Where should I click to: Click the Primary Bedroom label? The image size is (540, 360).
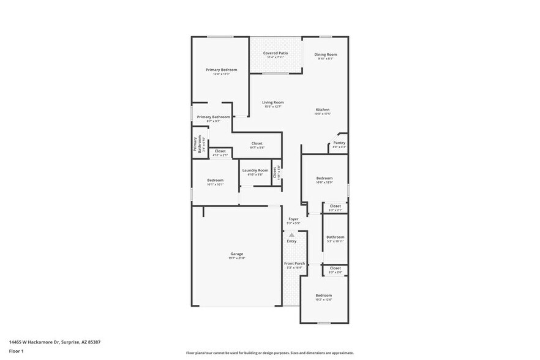(x=221, y=70)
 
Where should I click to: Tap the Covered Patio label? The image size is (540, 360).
(x=276, y=53)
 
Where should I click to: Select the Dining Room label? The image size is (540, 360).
(x=326, y=54)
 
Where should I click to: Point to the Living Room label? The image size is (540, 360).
(x=273, y=102)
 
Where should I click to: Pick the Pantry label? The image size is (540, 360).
(x=339, y=143)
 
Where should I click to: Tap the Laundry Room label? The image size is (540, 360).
(x=255, y=170)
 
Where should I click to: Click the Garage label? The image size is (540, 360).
(x=237, y=253)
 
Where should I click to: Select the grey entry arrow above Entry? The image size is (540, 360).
(x=292, y=234)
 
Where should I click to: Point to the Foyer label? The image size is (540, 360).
(x=294, y=219)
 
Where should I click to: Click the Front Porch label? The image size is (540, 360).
(x=294, y=263)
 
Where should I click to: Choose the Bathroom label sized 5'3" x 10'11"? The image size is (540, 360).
(x=336, y=237)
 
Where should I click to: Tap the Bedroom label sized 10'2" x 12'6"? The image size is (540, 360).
(x=324, y=295)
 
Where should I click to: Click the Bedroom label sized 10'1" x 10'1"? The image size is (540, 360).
(x=215, y=180)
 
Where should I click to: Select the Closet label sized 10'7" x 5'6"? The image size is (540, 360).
(x=257, y=143)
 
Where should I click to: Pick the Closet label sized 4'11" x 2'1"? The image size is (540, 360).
(x=220, y=151)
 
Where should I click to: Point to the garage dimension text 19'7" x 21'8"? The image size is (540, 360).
(x=237, y=258)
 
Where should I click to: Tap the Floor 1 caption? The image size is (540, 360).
(x=16, y=351)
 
